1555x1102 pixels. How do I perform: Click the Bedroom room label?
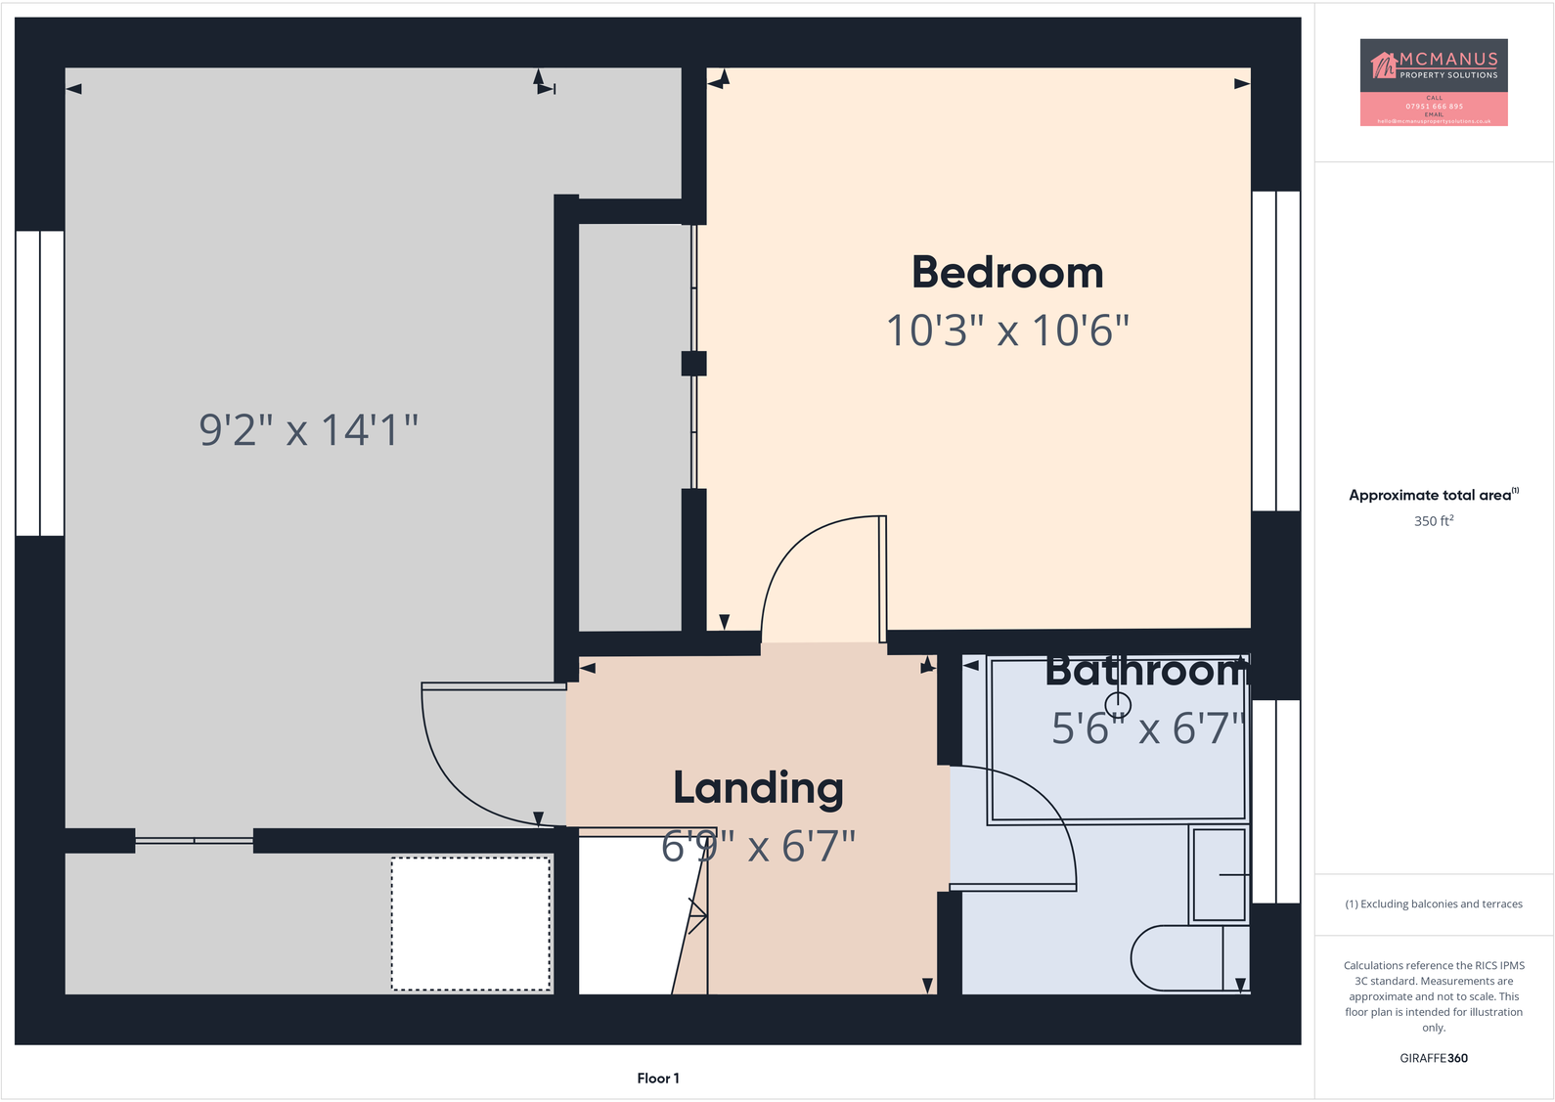[x=1007, y=273]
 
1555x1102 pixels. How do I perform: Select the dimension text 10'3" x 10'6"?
[x=1007, y=331]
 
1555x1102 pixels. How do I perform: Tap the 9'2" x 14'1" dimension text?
[x=308, y=429]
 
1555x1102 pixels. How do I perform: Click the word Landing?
[x=758, y=788]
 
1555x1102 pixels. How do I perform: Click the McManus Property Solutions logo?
[x=1433, y=82]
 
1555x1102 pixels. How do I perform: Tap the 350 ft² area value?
[x=1433, y=521]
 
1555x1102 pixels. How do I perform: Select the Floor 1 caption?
[x=657, y=1079]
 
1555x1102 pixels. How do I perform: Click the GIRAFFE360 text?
[x=1433, y=1058]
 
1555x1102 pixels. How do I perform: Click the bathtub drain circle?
[x=1118, y=705]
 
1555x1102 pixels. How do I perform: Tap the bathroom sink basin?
[x=1220, y=873]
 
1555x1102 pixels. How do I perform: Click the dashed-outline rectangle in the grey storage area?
[x=470, y=924]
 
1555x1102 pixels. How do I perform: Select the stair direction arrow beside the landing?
[x=697, y=916]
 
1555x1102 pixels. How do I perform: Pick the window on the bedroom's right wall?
[x=1276, y=351]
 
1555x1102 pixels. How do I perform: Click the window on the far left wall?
[x=40, y=383]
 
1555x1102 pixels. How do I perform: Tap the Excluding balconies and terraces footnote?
[x=1433, y=904]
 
